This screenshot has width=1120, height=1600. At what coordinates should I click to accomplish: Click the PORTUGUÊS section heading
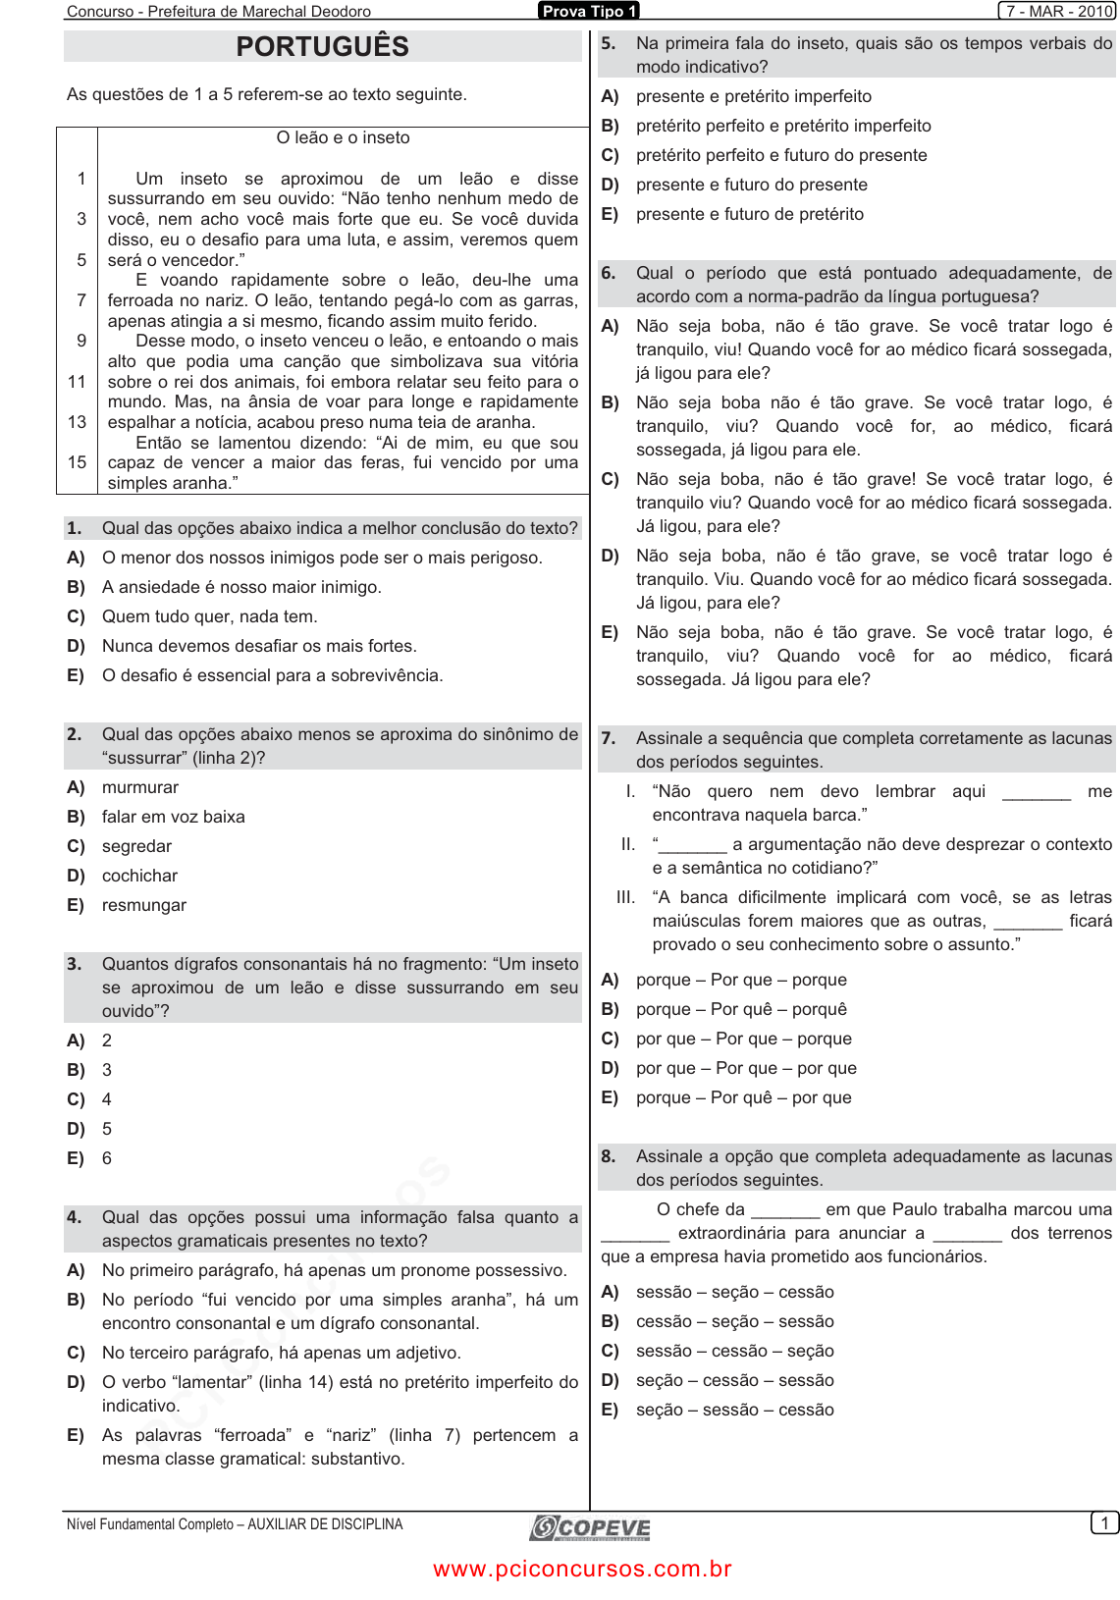[322, 46]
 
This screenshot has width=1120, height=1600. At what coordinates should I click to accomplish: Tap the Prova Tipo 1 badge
[589, 11]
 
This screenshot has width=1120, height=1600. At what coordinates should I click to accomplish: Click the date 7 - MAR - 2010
[1057, 11]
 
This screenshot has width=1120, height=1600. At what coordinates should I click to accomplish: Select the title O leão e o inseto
[343, 137]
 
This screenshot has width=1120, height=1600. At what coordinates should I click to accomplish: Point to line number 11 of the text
[78, 381]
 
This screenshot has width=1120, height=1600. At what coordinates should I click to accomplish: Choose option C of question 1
[209, 616]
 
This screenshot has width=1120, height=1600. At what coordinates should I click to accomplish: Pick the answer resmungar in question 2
[144, 905]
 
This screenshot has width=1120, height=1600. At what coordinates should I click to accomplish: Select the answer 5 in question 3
[107, 1129]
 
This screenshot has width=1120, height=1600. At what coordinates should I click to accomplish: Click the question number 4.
[75, 1217]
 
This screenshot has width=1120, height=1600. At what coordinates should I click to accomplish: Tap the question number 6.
[609, 273]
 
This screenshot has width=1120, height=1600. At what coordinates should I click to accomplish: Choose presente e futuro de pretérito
[750, 214]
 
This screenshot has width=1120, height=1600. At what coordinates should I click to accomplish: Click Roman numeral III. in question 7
[626, 897]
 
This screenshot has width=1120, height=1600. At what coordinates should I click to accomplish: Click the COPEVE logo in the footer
[590, 1527]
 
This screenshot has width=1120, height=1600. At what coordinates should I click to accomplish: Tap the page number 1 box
[1104, 1523]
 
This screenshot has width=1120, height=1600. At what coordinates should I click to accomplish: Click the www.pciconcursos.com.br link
[583, 1569]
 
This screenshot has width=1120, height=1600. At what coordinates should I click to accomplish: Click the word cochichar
[140, 876]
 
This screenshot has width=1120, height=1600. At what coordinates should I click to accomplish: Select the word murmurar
[140, 787]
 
